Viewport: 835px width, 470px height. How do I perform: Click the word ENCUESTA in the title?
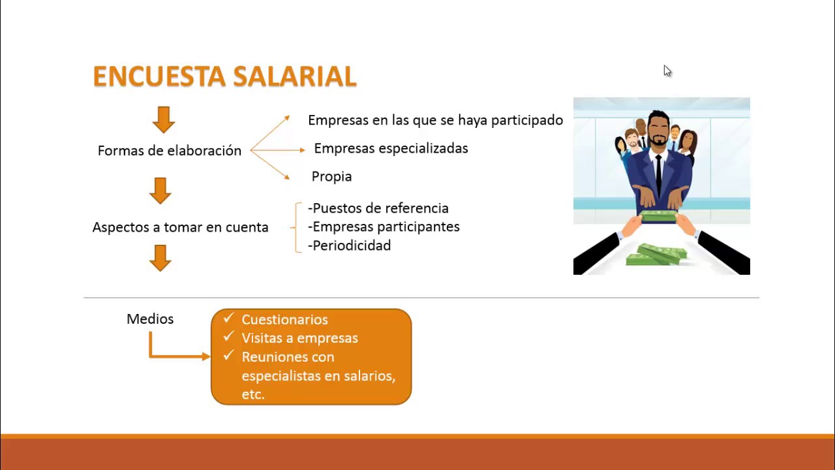click(x=160, y=76)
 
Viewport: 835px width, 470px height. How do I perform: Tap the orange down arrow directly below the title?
click(x=163, y=120)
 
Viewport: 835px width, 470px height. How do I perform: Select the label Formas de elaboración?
click(x=170, y=151)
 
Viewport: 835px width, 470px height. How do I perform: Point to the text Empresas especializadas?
click(x=391, y=148)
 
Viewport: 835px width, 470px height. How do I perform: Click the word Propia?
click(x=331, y=176)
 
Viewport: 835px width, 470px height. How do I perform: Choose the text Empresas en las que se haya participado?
click(x=435, y=120)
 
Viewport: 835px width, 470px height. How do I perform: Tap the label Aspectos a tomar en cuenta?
click(x=180, y=227)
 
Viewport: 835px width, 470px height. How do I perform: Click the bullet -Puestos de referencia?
click(x=378, y=208)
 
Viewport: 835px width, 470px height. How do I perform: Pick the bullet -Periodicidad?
click(x=350, y=245)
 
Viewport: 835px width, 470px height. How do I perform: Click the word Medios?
click(x=150, y=319)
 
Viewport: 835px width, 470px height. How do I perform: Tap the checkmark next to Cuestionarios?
click(x=228, y=319)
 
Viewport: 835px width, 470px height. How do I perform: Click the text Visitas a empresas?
click(x=299, y=338)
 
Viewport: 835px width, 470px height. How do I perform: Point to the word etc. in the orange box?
click(x=252, y=394)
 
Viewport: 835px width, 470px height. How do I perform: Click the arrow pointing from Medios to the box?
click(x=176, y=356)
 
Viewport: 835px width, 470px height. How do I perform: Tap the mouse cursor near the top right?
click(x=667, y=70)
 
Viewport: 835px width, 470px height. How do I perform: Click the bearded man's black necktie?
click(x=658, y=173)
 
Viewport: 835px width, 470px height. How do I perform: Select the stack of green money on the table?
click(x=656, y=254)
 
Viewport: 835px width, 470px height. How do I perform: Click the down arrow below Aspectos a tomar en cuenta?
click(x=160, y=258)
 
